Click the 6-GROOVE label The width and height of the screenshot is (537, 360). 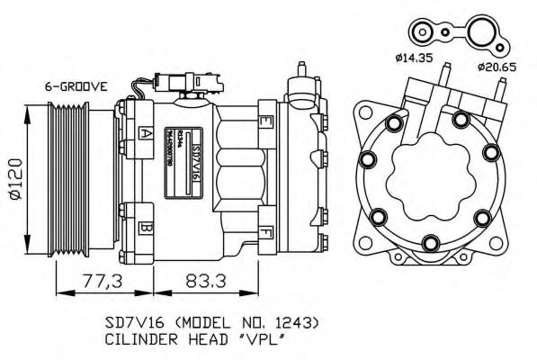click(x=76, y=86)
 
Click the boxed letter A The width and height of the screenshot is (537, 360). click(x=144, y=133)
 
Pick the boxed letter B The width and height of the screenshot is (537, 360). click(x=144, y=229)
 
